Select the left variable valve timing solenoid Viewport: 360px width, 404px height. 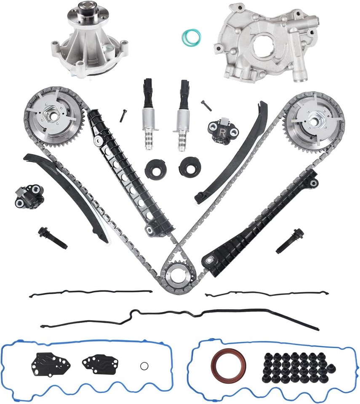point(149,114)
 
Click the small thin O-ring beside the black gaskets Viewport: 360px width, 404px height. point(144,364)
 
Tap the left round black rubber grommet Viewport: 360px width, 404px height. point(154,168)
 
